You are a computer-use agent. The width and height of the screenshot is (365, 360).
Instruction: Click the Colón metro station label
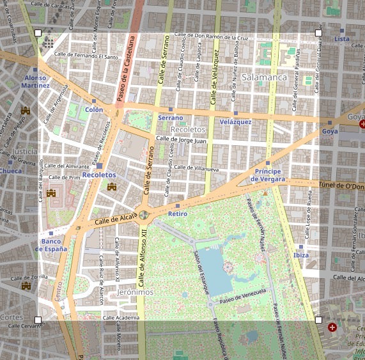point(93,109)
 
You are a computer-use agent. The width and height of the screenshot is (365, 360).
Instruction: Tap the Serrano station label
point(170,118)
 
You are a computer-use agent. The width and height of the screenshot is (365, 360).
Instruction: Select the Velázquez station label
point(235,121)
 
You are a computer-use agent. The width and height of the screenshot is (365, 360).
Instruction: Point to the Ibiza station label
point(300,255)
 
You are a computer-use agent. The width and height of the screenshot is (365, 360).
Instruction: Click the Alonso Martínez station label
point(35,81)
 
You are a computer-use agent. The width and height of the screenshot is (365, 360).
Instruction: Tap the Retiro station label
point(177,214)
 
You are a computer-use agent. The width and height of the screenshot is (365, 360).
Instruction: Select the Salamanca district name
point(264,77)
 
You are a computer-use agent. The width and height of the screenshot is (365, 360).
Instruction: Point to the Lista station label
point(342,39)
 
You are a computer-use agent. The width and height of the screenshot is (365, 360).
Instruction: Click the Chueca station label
point(10,171)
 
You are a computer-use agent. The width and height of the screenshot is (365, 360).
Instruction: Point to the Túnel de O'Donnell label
point(340,185)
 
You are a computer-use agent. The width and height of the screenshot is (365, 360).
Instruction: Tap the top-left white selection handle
point(38,33)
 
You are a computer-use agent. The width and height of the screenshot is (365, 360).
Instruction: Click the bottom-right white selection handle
point(319,319)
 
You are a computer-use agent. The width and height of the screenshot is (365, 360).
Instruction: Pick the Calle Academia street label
point(121,317)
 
